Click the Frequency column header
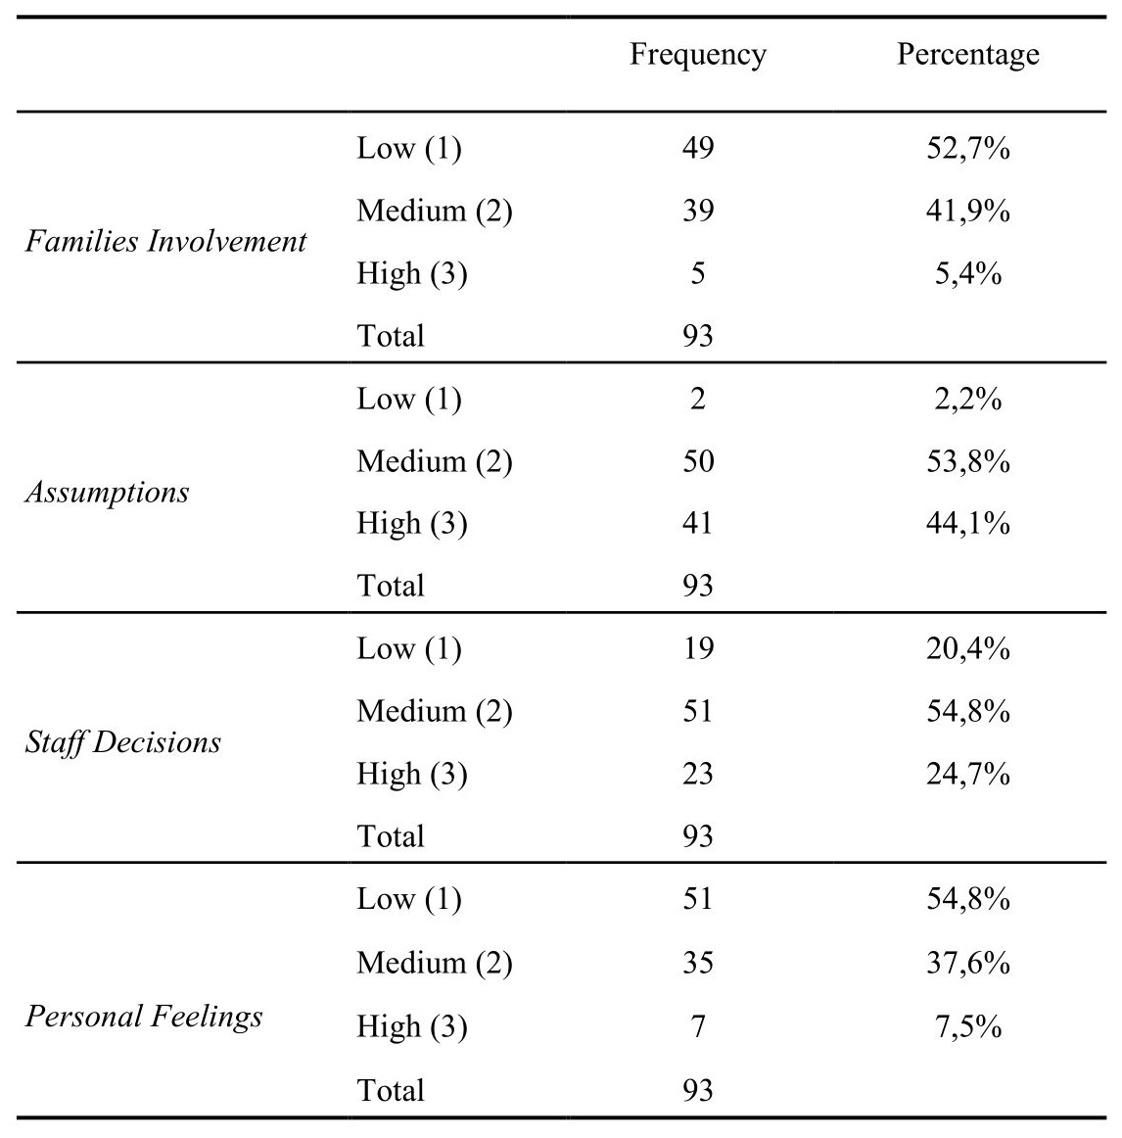point(697,54)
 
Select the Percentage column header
point(967,54)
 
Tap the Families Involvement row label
point(165,241)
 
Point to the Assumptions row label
point(107,492)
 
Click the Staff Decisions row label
point(123,742)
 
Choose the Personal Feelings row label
point(144,1016)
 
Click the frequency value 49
point(697,149)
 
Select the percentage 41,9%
point(967,211)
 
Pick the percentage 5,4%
point(967,273)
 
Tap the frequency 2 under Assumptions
point(697,399)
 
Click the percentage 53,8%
point(967,461)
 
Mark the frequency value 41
point(697,523)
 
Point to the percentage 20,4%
point(967,648)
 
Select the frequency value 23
point(697,774)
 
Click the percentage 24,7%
point(967,774)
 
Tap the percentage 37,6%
point(967,963)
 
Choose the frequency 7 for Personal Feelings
point(697,1026)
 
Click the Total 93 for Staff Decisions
point(697,836)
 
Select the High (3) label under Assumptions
point(411,524)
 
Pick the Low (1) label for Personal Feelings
point(408,900)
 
